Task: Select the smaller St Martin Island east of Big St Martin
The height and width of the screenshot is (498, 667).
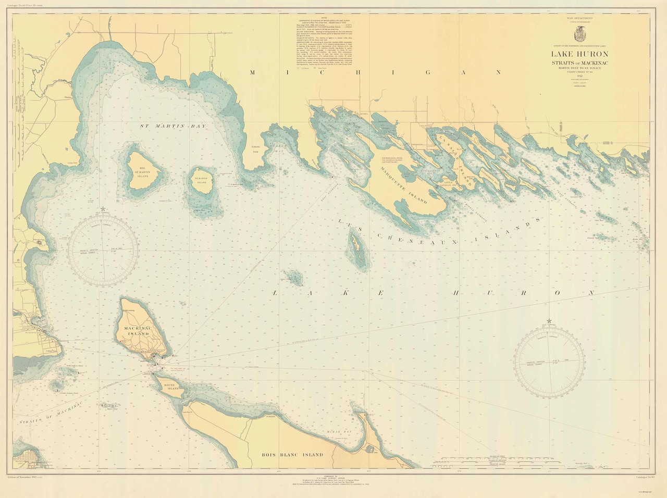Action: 201,180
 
